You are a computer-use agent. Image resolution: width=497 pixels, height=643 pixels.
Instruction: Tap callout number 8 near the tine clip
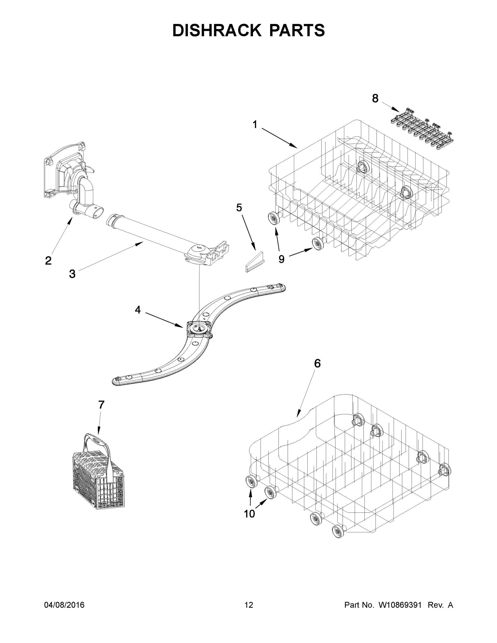(375, 99)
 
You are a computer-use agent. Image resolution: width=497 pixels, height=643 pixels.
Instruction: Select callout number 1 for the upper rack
(255, 125)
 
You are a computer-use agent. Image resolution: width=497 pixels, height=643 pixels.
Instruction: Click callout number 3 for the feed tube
(72, 274)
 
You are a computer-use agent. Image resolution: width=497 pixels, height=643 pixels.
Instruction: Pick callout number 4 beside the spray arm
(137, 310)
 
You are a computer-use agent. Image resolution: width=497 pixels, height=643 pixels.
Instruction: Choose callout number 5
(239, 208)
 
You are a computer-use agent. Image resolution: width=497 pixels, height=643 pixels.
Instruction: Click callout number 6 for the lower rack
(317, 364)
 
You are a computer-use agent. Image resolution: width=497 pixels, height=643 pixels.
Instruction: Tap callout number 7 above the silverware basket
(101, 405)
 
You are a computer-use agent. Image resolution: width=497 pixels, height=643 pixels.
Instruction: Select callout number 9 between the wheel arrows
(282, 259)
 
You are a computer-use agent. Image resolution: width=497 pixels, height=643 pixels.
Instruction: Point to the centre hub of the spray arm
(199, 328)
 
